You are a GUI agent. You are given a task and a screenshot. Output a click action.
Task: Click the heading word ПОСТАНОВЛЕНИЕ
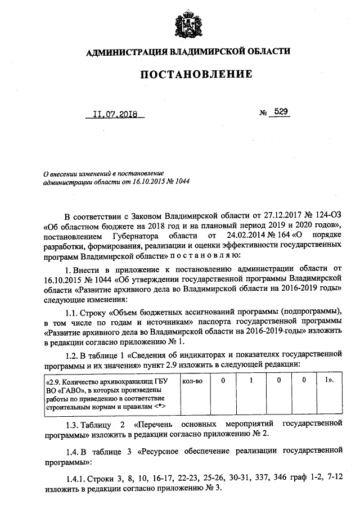[x=188, y=74]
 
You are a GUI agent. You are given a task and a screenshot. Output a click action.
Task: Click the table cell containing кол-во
[x=193, y=381]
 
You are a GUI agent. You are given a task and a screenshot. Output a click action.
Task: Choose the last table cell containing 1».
[x=329, y=381]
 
